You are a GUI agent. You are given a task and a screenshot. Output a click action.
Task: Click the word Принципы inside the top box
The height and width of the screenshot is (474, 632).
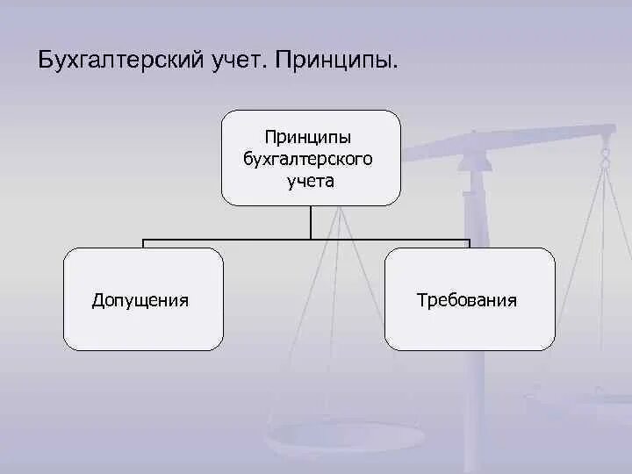(310, 138)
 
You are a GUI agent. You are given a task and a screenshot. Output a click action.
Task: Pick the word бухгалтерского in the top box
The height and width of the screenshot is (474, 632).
(310, 159)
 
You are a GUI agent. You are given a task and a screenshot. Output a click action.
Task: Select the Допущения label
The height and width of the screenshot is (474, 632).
(140, 300)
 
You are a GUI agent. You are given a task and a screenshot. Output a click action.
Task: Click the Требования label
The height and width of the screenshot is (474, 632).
(467, 300)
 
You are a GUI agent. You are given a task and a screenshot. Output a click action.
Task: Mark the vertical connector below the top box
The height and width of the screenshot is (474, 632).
(310, 222)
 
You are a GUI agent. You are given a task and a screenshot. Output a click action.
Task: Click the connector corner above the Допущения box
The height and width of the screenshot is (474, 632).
(143, 240)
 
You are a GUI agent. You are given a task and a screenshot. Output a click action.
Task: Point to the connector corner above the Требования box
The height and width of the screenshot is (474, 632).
(470, 240)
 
